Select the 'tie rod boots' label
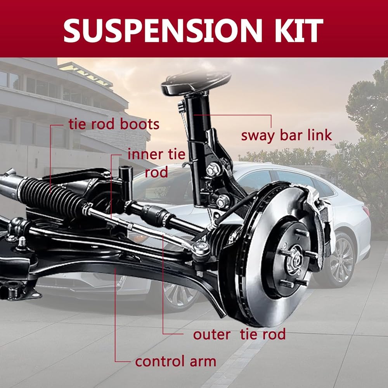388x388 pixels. click(x=114, y=124)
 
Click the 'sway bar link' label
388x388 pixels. click(x=286, y=135)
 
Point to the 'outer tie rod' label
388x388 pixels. click(x=239, y=334)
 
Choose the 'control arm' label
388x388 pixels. click(x=175, y=361)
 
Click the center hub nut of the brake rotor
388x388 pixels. click(x=294, y=259)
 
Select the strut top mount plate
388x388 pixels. click(x=196, y=81)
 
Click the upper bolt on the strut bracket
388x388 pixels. click(x=212, y=170)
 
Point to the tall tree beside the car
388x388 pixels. click(x=367, y=116)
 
